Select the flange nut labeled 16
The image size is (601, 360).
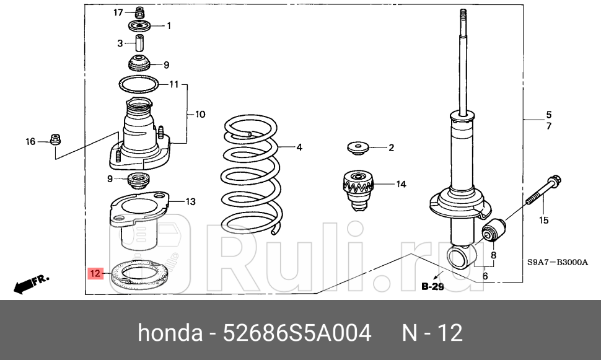point(54,140)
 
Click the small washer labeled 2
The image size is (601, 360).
point(357,148)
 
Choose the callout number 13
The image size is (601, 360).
point(190,201)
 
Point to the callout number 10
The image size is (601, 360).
point(200,115)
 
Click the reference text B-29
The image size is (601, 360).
point(434,286)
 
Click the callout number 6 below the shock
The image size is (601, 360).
point(485,276)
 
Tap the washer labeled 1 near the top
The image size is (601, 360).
point(140,27)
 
